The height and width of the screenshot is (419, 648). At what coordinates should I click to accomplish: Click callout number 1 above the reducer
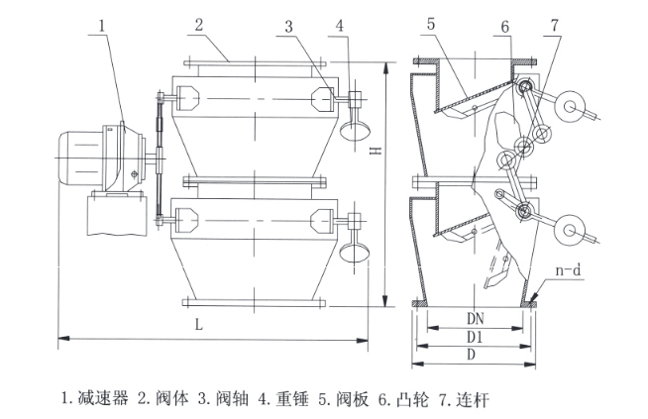102,26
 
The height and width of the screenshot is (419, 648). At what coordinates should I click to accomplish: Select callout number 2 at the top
199,25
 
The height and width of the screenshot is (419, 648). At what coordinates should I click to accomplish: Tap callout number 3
289,27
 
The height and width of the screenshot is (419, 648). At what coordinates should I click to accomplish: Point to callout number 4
340,26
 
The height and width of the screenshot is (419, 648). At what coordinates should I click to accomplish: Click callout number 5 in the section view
431,25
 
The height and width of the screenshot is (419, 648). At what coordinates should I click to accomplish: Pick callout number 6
505,27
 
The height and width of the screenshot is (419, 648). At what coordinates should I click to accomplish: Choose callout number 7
555,25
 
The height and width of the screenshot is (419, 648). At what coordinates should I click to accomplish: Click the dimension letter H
377,152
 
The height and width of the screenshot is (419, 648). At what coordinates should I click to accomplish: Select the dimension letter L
199,325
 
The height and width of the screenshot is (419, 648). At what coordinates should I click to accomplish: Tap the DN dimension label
476,318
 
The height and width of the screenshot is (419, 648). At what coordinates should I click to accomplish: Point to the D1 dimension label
475,337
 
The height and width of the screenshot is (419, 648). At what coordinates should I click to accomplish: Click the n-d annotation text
569,270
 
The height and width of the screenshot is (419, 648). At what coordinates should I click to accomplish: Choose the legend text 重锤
292,398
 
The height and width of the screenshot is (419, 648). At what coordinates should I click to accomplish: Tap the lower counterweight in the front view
355,252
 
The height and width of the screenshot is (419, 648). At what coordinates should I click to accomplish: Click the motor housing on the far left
79,157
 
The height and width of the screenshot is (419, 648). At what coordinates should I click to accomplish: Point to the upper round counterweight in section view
571,106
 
